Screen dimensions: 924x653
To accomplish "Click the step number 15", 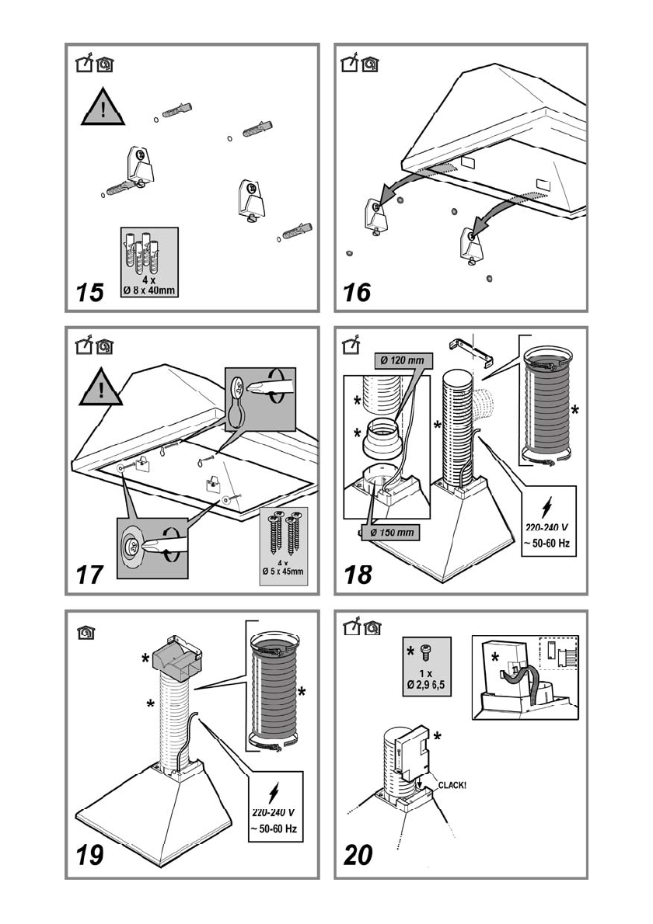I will tap(90, 293).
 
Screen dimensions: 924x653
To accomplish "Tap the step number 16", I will tap(358, 293).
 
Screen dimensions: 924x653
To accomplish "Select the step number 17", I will tap(90, 576).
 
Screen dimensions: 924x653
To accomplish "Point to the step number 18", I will tap(358, 575).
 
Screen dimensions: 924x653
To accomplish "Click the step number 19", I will tap(90, 856).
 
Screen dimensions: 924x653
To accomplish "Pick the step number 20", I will tap(358, 856).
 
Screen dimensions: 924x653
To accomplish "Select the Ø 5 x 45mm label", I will tap(285, 573).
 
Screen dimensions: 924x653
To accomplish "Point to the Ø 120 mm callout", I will tap(401, 360).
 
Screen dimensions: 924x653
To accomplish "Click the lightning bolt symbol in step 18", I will tap(550, 505).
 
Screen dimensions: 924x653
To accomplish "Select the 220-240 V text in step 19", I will tap(273, 811).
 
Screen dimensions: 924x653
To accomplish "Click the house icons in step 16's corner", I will tap(359, 64).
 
